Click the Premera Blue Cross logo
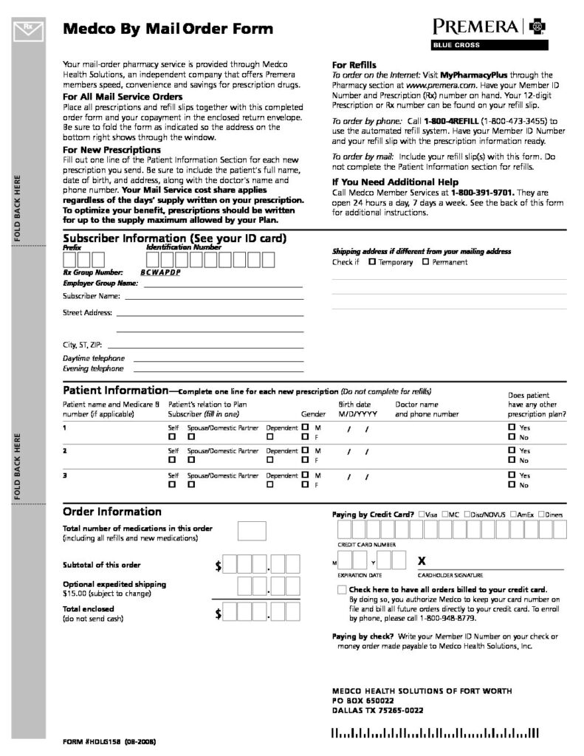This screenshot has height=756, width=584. [490, 32]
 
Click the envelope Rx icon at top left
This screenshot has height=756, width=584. [28, 30]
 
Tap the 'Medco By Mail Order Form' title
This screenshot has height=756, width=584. [168, 30]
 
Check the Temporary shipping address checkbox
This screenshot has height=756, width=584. [371, 262]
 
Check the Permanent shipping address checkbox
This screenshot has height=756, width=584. [425, 262]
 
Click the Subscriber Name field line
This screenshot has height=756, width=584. [213, 298]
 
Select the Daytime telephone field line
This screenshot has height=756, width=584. [218, 359]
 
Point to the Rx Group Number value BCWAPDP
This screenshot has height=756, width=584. [160, 272]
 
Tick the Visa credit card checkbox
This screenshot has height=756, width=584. [421, 514]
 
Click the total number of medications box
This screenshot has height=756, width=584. [252, 531]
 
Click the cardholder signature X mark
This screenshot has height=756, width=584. [422, 560]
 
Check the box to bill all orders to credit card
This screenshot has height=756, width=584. [341, 589]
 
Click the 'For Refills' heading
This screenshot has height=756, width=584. [355, 65]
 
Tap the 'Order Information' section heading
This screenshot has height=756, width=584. [112, 512]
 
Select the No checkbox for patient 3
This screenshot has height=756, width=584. [512, 485]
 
